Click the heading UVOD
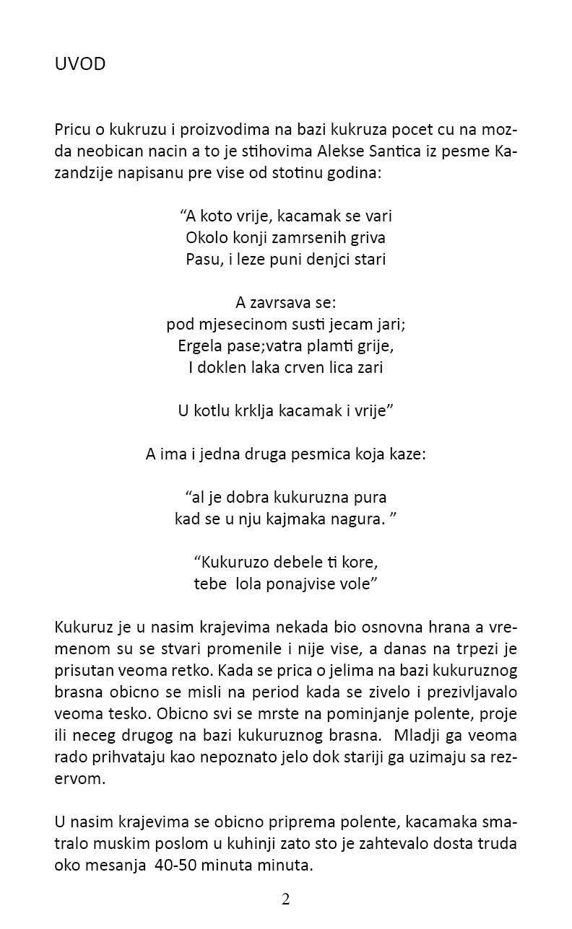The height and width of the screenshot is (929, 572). (x=80, y=64)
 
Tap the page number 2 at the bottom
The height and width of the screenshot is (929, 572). (x=286, y=899)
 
